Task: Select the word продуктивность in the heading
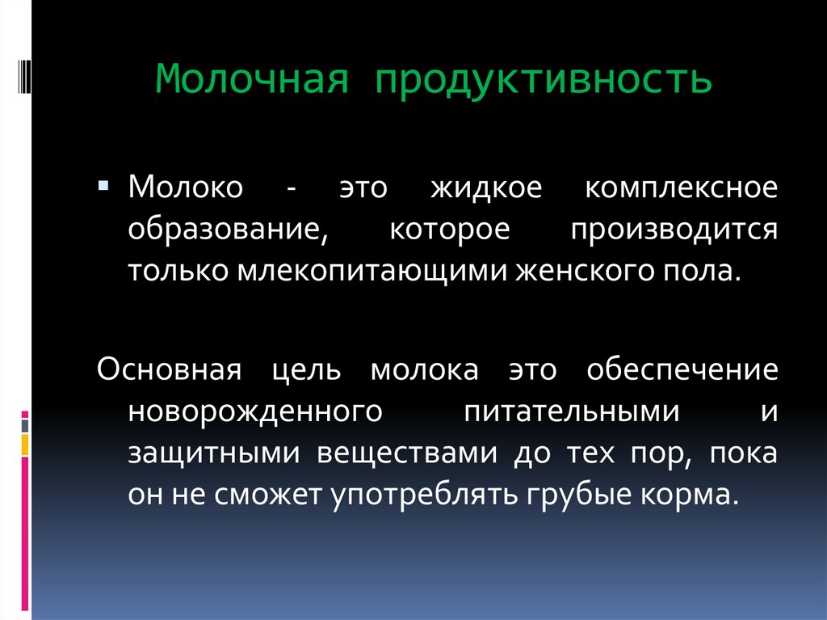point(542,81)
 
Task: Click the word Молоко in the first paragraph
point(184,188)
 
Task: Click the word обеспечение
point(682,370)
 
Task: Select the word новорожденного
point(254,411)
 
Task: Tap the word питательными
point(571,411)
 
